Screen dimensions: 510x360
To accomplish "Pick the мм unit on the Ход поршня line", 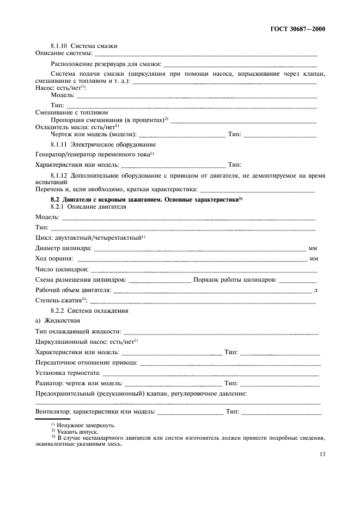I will pyautogui.click(x=313, y=259).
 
